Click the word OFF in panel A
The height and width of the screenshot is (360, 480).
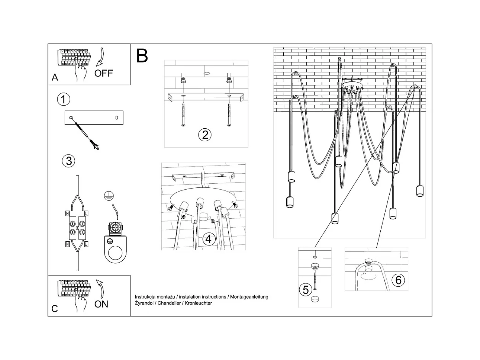pos(103,73)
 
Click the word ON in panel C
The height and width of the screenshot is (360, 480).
pos(101,304)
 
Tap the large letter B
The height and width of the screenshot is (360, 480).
pos(142,55)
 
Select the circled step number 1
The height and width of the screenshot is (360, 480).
pos(64,99)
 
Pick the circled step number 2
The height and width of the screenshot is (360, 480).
pos(204,135)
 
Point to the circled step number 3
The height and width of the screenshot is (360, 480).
pos(68,161)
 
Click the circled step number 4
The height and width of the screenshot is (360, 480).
pos(208,239)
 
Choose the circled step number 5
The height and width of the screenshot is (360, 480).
pos(306,290)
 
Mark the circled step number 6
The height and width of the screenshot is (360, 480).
pos(398,280)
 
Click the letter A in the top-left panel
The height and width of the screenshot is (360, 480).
pos(55,77)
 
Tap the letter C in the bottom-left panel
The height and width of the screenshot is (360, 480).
pos(55,309)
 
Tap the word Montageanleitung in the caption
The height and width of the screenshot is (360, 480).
pos(249,297)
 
